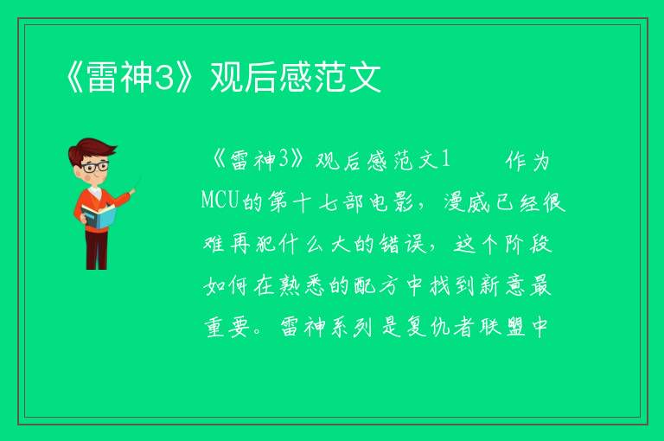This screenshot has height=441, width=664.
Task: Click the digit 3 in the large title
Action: click(164, 77)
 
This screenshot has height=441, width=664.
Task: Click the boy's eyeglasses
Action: click(94, 167)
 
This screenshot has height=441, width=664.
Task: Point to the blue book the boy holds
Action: click(99, 217)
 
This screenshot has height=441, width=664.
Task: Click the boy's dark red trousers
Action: click(97, 249)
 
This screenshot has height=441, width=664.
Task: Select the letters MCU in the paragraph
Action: click(220, 200)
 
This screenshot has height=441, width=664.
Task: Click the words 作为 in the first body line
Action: click(527, 161)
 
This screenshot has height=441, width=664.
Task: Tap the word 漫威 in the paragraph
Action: click(467, 202)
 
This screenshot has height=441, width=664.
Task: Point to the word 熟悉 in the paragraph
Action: click(302, 285)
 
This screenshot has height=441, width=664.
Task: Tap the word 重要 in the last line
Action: click(227, 327)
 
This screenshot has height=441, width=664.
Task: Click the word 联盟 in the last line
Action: click(502, 327)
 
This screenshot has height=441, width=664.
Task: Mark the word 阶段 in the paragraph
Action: click(528, 244)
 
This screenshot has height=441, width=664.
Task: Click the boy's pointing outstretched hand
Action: click(132, 192)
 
